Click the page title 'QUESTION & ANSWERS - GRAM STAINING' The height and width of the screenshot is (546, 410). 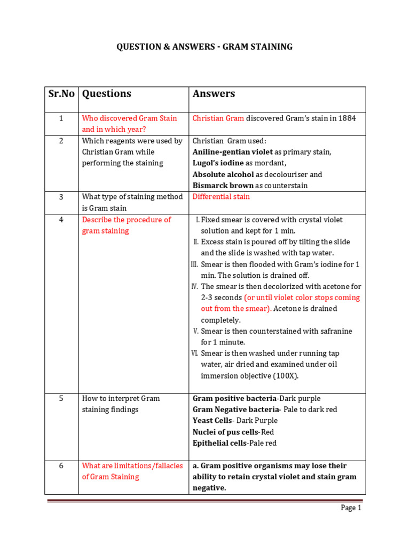[204, 47]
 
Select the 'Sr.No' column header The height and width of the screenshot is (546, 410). [61, 94]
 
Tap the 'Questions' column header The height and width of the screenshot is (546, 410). [106, 94]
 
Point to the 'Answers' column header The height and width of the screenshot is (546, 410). [214, 94]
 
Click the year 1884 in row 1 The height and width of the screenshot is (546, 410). [346, 118]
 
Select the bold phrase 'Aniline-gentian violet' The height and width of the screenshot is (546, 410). [232, 152]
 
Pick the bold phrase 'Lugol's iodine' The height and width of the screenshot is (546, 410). [218, 163]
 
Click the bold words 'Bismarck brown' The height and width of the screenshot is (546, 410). [223, 186]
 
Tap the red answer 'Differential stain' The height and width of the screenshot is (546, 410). [221, 197]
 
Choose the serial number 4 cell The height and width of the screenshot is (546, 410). [61, 220]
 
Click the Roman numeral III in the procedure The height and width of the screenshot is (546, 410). [194, 264]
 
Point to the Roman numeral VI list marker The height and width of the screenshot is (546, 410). [194, 353]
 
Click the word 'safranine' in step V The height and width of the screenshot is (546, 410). [336, 331]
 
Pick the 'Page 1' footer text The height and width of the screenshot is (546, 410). [351, 508]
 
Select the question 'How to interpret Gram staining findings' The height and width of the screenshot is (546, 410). [121, 404]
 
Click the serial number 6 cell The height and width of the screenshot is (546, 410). [61, 465]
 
